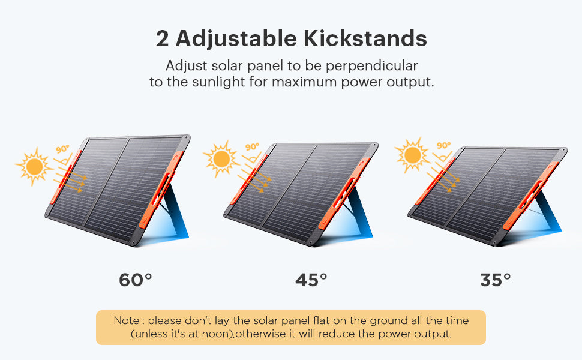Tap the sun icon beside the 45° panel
point(221,159)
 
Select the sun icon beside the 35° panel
point(412,155)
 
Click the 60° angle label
point(136,280)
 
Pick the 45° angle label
point(311,280)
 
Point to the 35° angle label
point(496,280)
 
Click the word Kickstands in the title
point(365,38)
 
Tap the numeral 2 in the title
point(162,38)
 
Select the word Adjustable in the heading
point(236,39)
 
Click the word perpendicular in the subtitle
point(372,66)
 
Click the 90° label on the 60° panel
point(62,149)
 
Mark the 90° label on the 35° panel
point(443,145)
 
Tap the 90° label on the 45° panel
point(252,147)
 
